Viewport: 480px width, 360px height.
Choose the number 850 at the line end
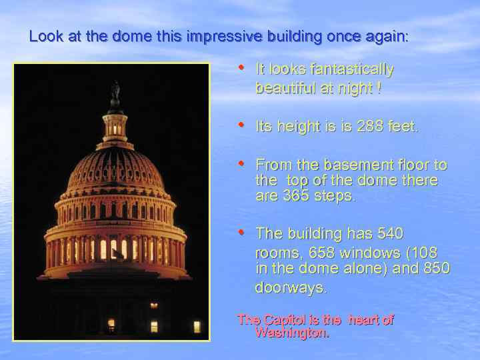(x=436, y=269)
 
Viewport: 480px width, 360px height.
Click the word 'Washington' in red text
(x=291, y=332)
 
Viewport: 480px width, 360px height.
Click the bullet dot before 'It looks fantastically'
(x=242, y=67)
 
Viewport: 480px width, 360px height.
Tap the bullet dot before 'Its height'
(x=242, y=125)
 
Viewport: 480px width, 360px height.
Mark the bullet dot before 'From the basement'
(x=242, y=162)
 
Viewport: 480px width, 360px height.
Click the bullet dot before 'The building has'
(x=242, y=232)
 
